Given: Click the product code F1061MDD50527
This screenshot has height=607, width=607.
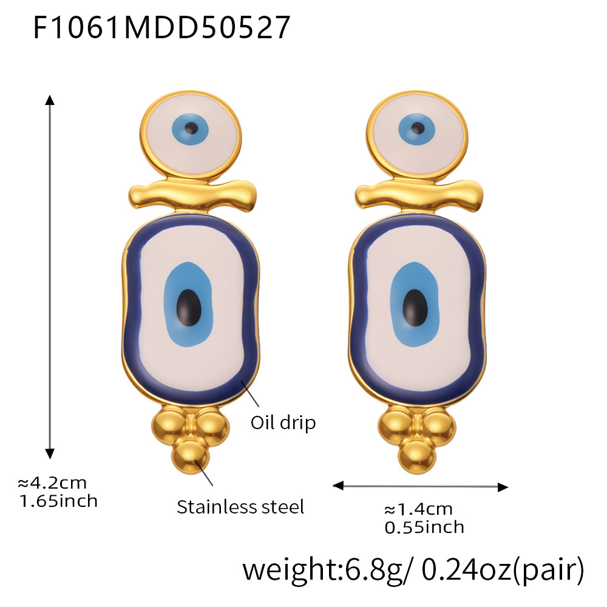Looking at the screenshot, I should (x=161, y=28).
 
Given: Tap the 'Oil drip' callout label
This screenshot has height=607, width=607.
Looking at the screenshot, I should (x=283, y=422).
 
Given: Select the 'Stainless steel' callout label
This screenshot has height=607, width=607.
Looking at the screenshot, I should (x=240, y=506).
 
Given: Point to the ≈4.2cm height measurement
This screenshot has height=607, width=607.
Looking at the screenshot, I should (x=52, y=483).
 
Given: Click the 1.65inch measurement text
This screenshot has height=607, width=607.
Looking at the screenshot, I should (x=58, y=501).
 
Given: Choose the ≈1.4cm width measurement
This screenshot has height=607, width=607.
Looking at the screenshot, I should (x=419, y=509).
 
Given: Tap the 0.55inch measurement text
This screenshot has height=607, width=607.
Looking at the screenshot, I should (x=424, y=527).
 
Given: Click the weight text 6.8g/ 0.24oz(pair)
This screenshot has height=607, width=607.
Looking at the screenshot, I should (x=413, y=570).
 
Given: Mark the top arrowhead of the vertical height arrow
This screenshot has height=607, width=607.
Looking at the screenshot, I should (x=50, y=99).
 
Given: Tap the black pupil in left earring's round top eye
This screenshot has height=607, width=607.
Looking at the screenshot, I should (x=192, y=128).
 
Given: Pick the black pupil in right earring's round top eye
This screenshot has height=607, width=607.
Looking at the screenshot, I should (x=418, y=128).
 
